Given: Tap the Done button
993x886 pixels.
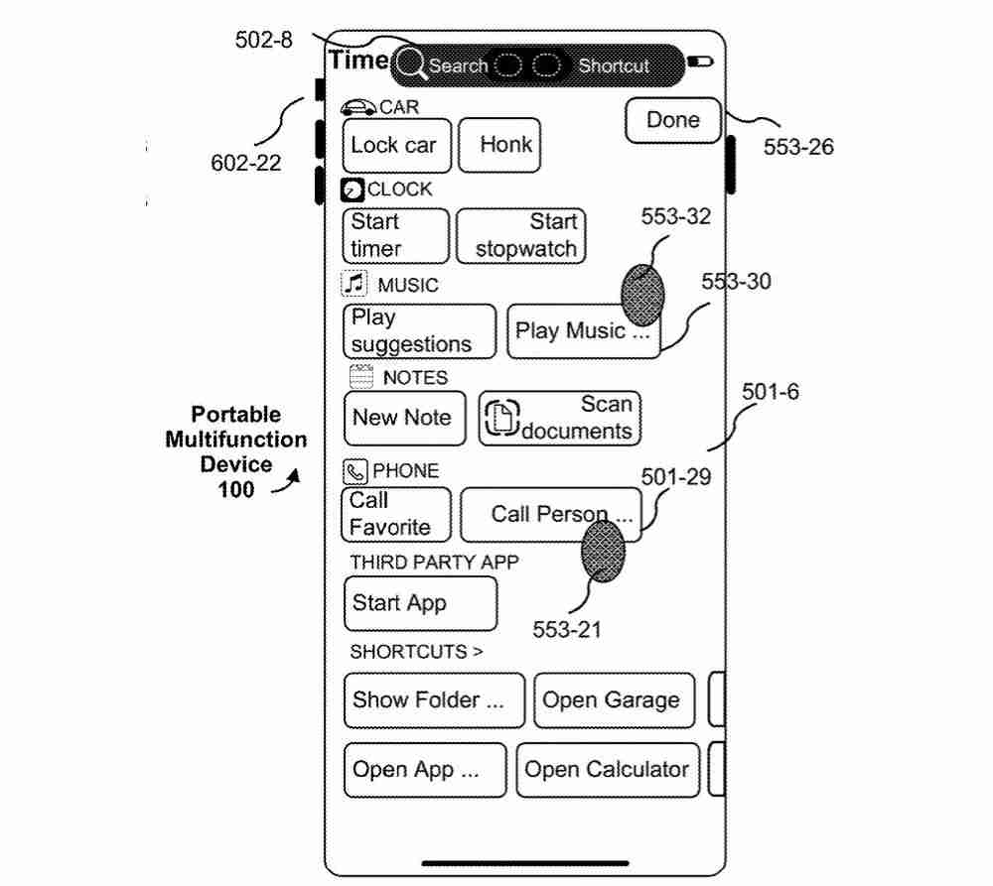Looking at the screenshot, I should click(x=673, y=120).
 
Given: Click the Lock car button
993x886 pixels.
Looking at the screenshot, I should click(x=395, y=145).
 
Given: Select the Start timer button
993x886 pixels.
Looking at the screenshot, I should click(x=394, y=235).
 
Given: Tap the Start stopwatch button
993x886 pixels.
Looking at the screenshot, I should click(x=520, y=235).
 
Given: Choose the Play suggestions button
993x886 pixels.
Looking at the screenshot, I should click(x=418, y=331).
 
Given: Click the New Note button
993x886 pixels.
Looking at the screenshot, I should click(x=403, y=418).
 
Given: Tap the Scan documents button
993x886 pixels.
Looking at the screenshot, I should click(x=560, y=418).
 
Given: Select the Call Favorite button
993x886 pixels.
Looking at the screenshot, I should click(x=394, y=514).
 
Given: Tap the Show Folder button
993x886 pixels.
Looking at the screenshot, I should click(x=434, y=699).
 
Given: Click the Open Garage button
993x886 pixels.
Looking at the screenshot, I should click(x=612, y=699).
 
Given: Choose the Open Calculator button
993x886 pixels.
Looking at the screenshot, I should click(x=607, y=770).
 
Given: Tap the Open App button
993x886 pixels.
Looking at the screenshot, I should click(x=424, y=770).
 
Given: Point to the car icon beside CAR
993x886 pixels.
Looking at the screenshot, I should click(x=357, y=107).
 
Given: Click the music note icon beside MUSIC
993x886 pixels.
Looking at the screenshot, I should click(x=355, y=285).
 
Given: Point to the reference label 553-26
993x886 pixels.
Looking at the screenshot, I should click(x=797, y=147).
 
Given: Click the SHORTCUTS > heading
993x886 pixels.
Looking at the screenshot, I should click(x=416, y=652).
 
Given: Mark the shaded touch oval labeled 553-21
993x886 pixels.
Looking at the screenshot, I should click(x=603, y=551).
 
